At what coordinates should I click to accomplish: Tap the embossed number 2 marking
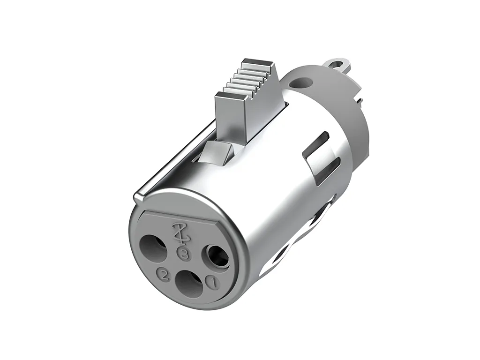164,274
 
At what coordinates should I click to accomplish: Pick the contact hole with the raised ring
217,256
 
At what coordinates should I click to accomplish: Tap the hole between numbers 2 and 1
187,284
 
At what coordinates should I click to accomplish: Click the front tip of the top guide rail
136,197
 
